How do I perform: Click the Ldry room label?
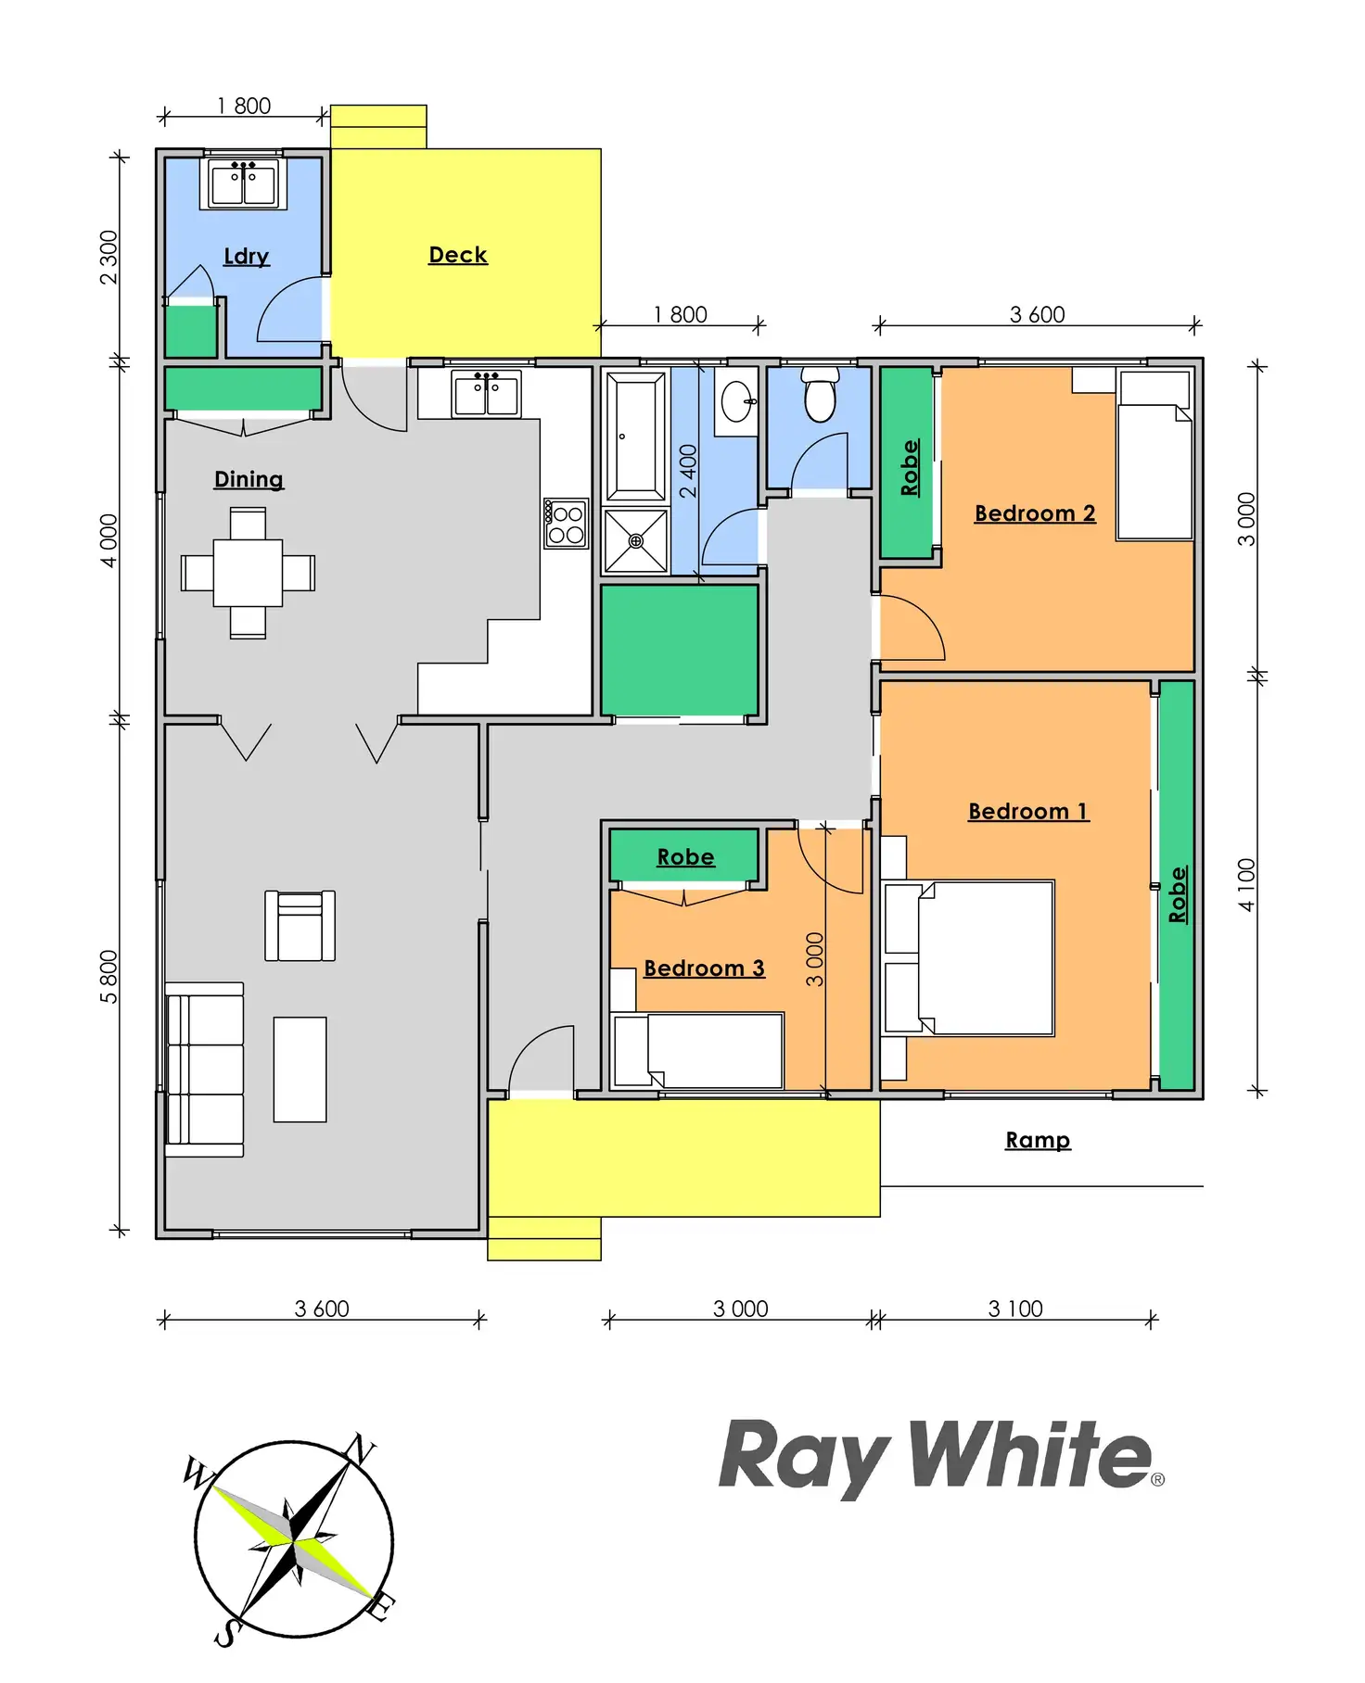click(x=247, y=256)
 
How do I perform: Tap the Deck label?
click(x=458, y=255)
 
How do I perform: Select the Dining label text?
click(x=249, y=479)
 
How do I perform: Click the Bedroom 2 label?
click(x=1035, y=513)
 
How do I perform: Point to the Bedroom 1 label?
click(x=1028, y=812)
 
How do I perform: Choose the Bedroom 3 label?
click(x=704, y=968)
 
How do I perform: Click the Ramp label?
click(x=1038, y=1140)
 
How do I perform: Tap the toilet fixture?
click(x=820, y=394)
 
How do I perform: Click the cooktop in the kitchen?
click(x=566, y=525)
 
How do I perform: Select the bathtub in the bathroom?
click(x=635, y=437)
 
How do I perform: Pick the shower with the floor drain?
click(x=635, y=540)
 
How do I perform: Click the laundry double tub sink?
click(x=243, y=183)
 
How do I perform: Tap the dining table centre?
click(x=248, y=573)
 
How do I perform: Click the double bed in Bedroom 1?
click(x=969, y=958)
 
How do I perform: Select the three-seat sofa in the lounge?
click(x=204, y=1069)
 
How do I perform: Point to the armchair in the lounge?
click(x=300, y=926)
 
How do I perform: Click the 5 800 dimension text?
click(x=109, y=977)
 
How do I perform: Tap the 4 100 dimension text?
click(x=1246, y=885)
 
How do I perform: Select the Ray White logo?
click(x=940, y=1458)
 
